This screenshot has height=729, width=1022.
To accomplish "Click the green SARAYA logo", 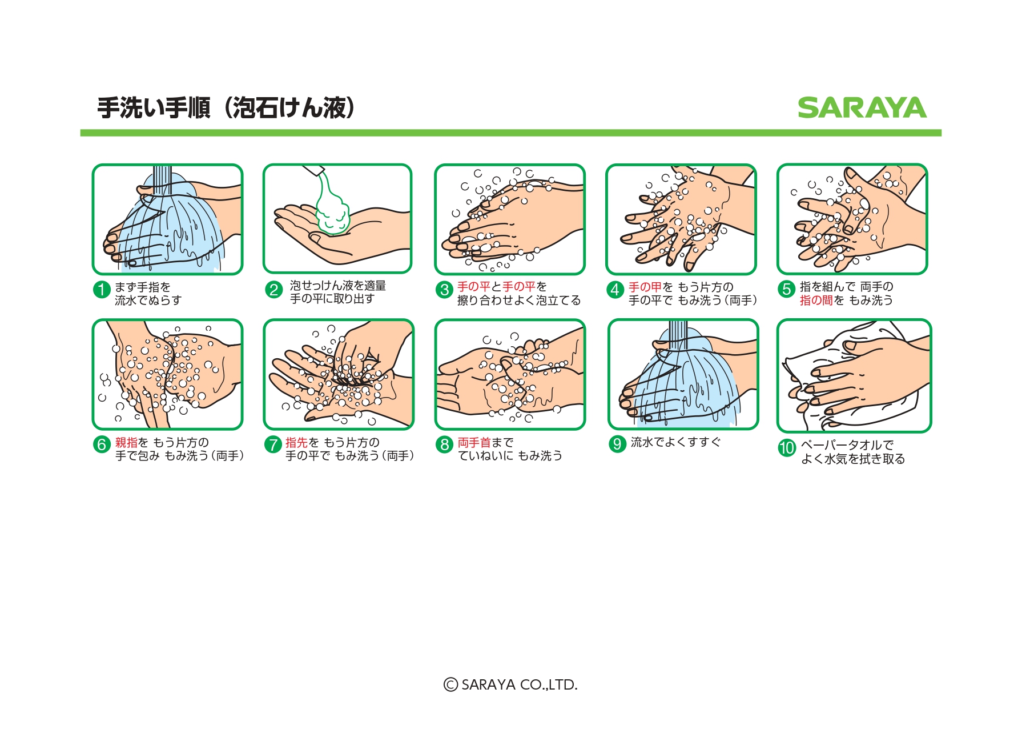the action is (862, 108).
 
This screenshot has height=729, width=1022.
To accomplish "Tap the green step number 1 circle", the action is (102, 290).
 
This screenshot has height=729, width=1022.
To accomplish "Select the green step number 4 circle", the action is (615, 290).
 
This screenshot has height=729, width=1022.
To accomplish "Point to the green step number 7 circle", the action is (273, 444).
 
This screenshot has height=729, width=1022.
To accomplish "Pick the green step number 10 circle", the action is (787, 447).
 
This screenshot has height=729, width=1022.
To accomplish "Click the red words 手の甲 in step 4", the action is (645, 287).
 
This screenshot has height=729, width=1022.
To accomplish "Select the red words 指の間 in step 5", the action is (816, 301).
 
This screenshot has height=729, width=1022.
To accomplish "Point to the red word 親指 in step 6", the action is (127, 443).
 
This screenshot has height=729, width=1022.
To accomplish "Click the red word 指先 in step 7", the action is (297, 443).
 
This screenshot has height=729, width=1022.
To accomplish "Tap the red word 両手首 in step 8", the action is (474, 443).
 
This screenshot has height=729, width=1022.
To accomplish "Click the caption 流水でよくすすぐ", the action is (676, 442).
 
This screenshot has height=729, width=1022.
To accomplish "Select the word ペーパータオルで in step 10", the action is (847, 445).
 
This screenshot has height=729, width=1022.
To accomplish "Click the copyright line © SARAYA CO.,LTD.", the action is (511, 684).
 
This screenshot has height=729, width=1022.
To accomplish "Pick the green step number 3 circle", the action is (444, 290).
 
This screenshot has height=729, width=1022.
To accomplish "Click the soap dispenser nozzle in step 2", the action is (313, 170).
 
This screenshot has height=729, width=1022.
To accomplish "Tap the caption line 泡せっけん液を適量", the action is (338, 285).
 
